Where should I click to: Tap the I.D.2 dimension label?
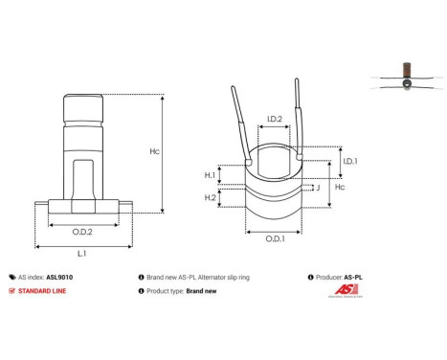(274, 120)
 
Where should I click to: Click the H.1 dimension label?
(209, 175)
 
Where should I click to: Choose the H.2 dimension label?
(209, 197)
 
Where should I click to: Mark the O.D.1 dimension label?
(274, 237)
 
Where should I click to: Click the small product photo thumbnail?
(408, 78)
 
